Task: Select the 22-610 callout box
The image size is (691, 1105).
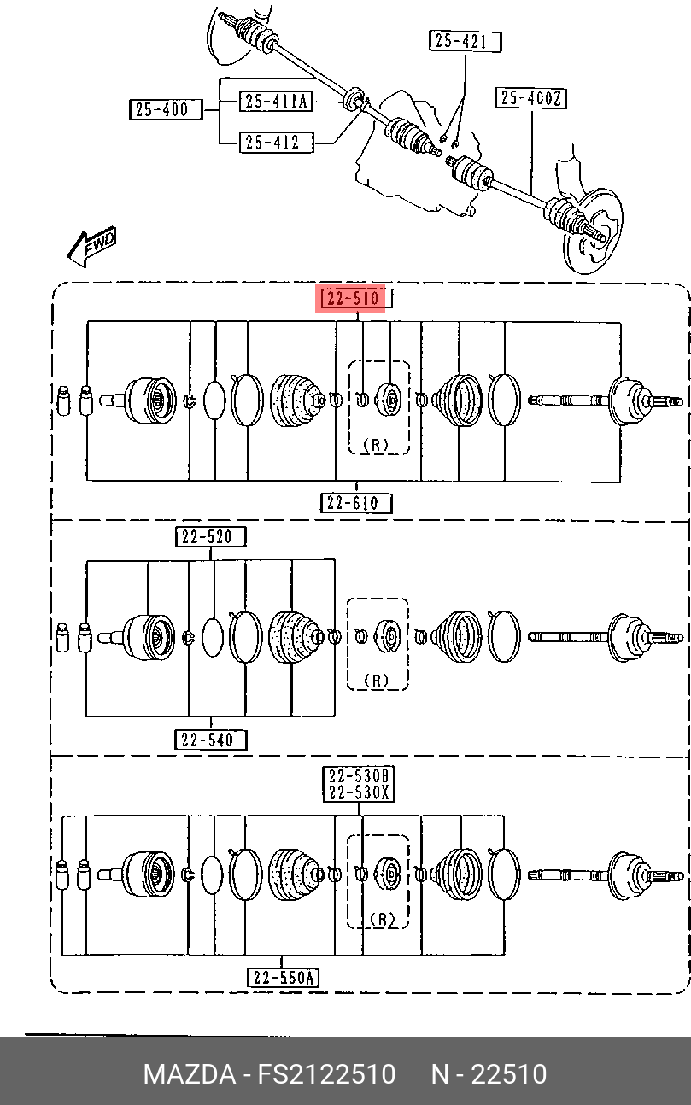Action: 356,503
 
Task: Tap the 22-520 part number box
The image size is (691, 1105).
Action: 211,537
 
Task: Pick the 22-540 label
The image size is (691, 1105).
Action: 211,740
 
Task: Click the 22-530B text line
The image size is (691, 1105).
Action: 359,776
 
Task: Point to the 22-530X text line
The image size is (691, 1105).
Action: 359,792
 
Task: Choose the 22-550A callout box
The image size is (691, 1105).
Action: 283,977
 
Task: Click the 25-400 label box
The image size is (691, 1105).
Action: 166,109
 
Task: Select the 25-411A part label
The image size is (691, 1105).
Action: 277,101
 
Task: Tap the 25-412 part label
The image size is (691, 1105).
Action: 277,143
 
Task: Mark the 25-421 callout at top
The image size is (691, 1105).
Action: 465,42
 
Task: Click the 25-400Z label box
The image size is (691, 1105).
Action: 530,98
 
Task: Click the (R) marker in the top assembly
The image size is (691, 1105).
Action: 376,445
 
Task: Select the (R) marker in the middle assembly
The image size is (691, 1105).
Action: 376,681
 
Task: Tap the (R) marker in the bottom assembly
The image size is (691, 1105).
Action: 383,919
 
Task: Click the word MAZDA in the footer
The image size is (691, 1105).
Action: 190,1073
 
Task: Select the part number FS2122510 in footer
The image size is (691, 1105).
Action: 326,1073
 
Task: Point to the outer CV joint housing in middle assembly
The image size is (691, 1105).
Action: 149,638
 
